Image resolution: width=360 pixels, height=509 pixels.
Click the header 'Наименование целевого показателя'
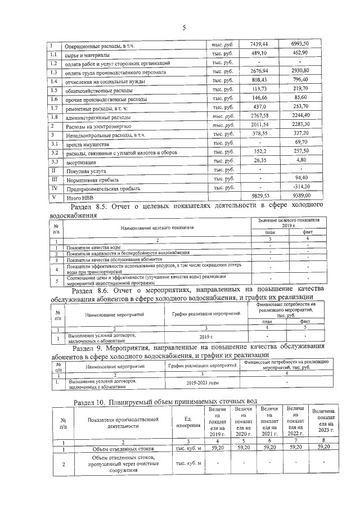157,227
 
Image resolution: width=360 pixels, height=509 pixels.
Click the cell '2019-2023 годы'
200,383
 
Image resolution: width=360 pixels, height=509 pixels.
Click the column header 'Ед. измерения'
188,423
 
